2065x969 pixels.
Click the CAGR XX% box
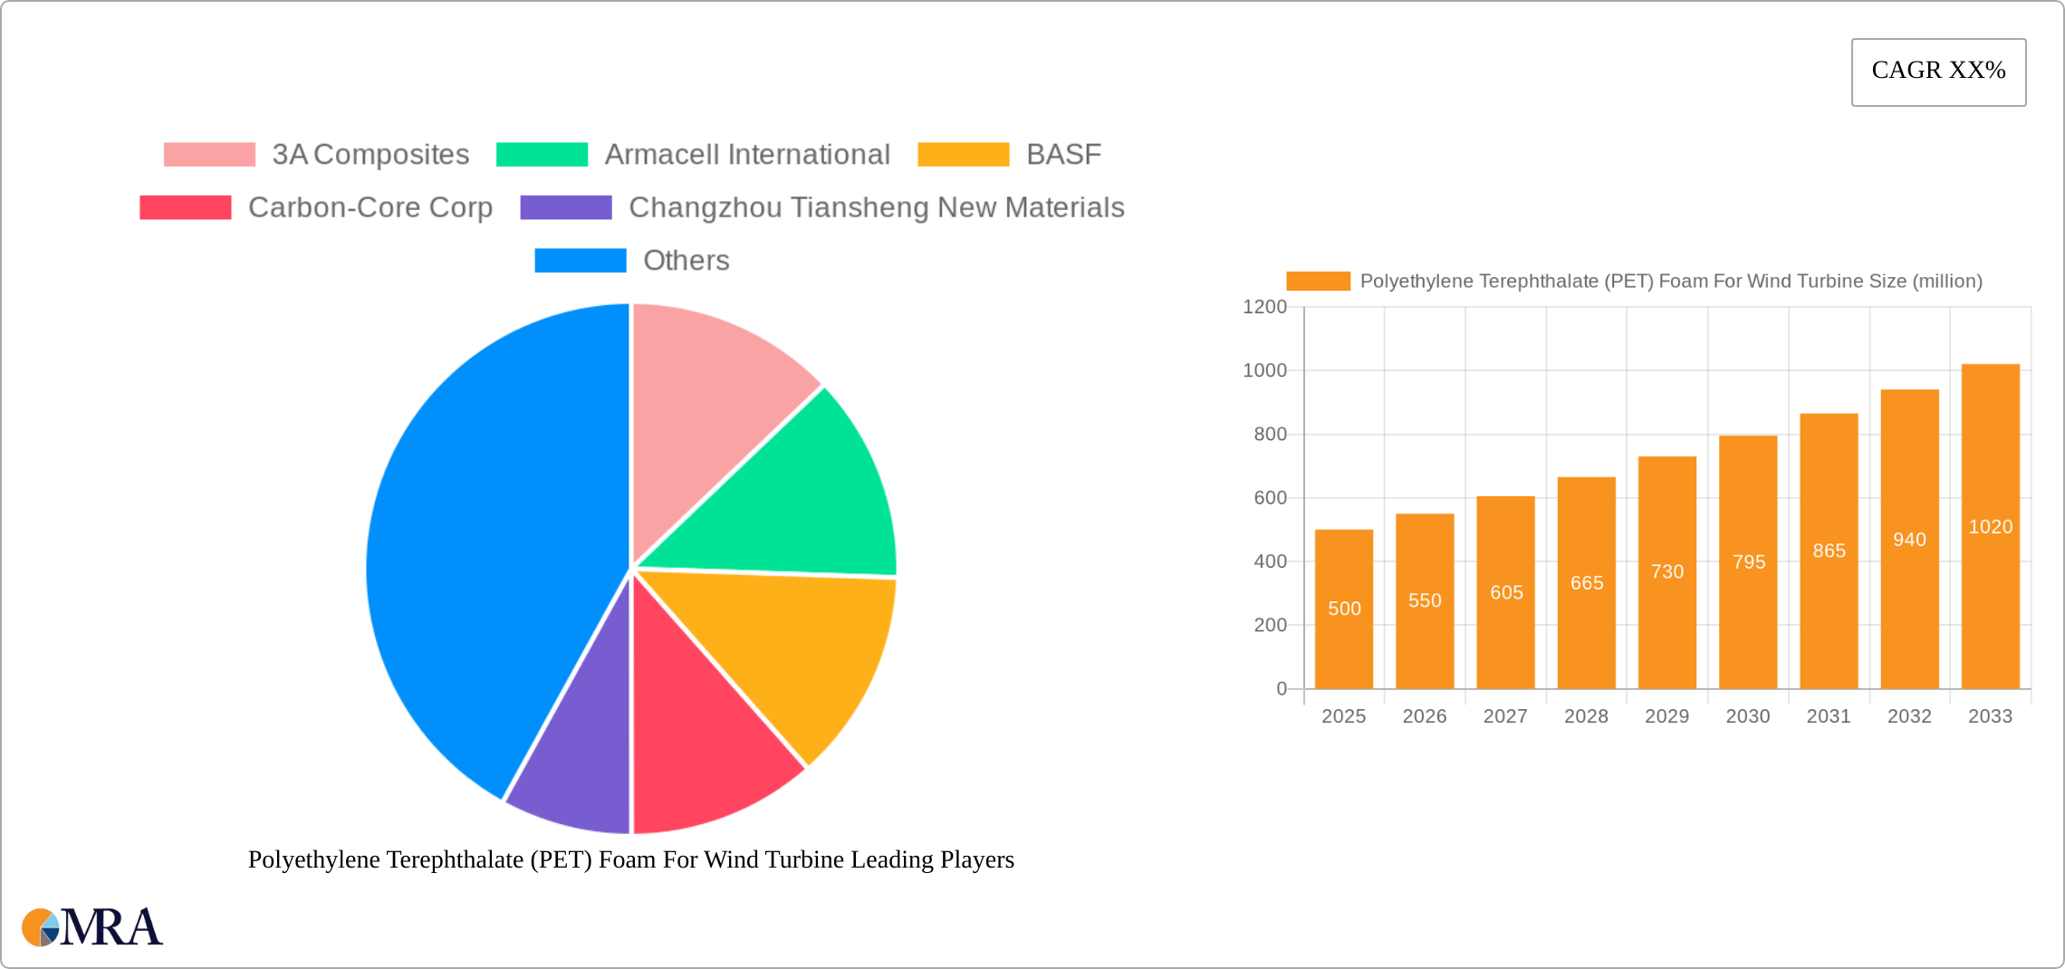click(x=1938, y=72)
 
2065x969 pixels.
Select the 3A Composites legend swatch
click(x=209, y=155)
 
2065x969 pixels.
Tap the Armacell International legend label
click(x=747, y=155)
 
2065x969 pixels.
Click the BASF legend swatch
click(x=963, y=155)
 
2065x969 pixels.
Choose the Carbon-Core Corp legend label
click(x=370, y=207)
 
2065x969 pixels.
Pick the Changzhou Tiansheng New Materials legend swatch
click(x=566, y=207)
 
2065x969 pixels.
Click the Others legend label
click(x=686, y=261)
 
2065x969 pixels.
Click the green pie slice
click(x=797, y=498)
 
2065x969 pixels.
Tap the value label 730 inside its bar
click(x=1666, y=571)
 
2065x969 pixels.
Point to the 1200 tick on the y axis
click(x=1264, y=307)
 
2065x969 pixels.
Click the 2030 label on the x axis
click(x=1747, y=716)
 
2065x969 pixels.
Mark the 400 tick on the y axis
click(x=1270, y=561)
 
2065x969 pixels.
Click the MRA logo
click(x=92, y=926)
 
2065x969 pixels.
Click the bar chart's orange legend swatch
click(x=1318, y=282)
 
